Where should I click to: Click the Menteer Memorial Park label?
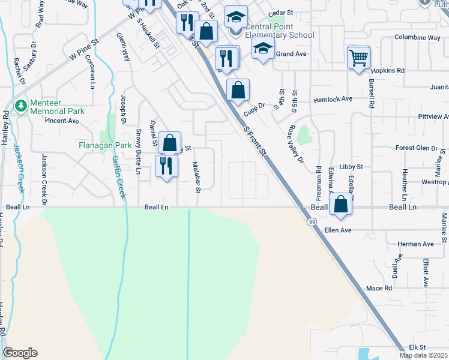pyautogui.click(x=58, y=106)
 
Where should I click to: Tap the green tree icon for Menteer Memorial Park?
pyautogui.click(x=21, y=106)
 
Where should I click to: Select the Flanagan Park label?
pyautogui.click(x=105, y=145)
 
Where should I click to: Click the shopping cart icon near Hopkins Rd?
pyautogui.click(x=358, y=58)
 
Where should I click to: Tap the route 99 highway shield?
pyautogui.click(x=312, y=222)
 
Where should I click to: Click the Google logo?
pyautogui.click(x=20, y=353)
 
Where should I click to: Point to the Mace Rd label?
pyautogui.click(x=379, y=289)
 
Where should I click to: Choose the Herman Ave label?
pyautogui.click(x=416, y=244)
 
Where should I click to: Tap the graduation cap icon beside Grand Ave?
pyautogui.click(x=262, y=50)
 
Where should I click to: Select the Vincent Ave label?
pyautogui.click(x=63, y=121)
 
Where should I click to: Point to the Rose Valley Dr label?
pyautogui.click(x=297, y=144)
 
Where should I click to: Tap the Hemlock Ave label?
pyautogui.click(x=332, y=99)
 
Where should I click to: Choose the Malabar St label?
pyautogui.click(x=196, y=177)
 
